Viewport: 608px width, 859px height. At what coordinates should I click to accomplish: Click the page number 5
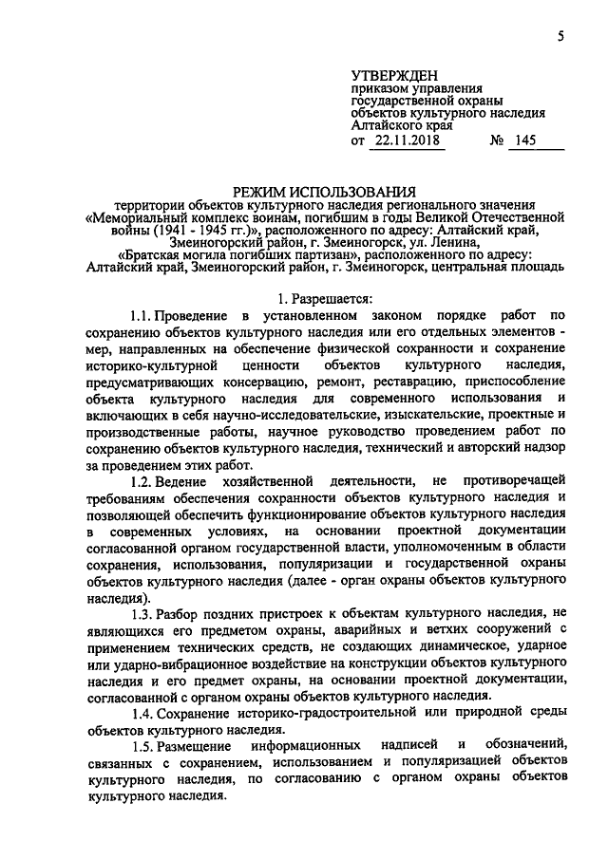[560, 37]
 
